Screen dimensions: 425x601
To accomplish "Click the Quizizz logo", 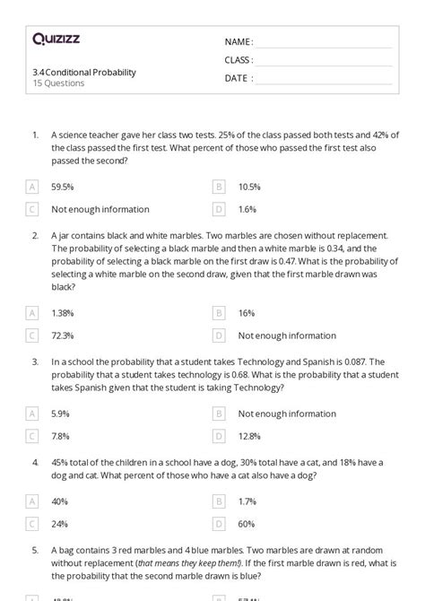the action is tap(56, 39).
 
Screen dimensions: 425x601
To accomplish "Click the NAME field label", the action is tap(239, 42).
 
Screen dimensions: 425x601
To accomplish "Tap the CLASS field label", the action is tap(239, 60).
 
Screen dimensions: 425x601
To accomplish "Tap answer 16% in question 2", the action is tap(246, 313).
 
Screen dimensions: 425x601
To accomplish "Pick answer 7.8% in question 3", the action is tap(61, 436).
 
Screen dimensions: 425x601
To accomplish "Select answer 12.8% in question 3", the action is tap(249, 436).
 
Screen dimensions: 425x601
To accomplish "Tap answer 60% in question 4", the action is tap(246, 524).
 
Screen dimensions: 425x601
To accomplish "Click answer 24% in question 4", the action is tap(59, 524).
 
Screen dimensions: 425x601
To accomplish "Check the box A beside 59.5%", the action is tap(32, 187).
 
